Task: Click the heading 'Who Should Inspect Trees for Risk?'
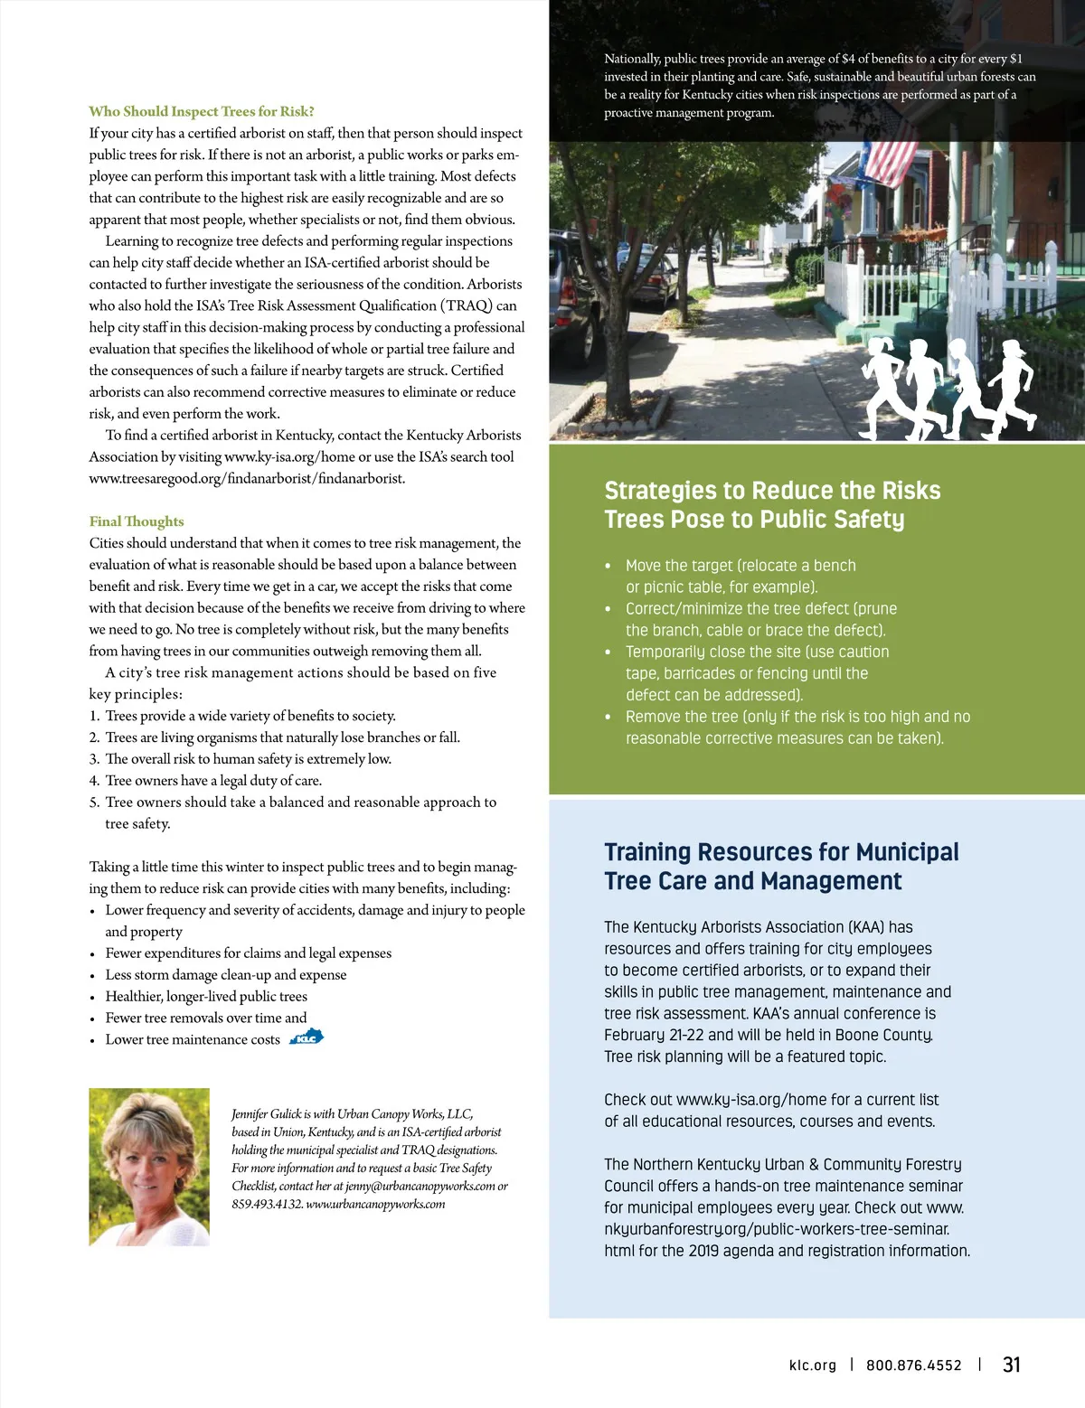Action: (201, 111)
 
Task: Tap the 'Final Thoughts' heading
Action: (137, 521)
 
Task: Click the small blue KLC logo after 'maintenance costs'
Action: (307, 1037)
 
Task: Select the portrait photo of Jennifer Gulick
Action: (149, 1167)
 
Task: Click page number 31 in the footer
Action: (1012, 1365)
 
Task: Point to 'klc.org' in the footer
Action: (813, 1366)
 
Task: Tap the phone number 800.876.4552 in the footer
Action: (913, 1366)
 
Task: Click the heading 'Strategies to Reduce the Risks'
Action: (772, 491)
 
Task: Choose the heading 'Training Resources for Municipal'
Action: (781, 852)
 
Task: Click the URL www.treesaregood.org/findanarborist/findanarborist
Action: (247, 478)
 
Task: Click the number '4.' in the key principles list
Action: (94, 781)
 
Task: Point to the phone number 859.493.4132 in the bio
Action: (267, 1204)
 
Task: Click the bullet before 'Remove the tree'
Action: (608, 718)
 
